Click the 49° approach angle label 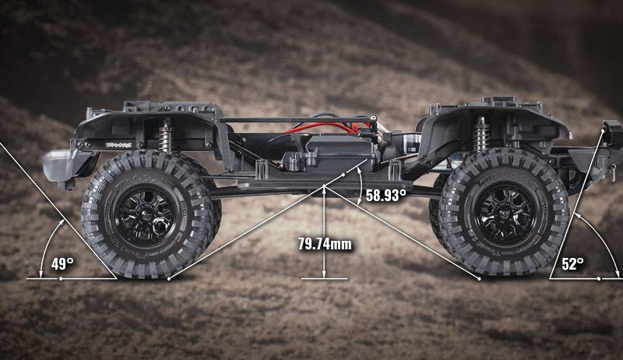coord(62,264)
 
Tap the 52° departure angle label coord(572,264)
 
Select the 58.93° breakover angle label coord(385,195)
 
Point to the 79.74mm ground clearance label coord(325,244)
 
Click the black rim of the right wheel coord(505,213)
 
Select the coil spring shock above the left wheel coord(165,135)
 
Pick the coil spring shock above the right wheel coord(481,134)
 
